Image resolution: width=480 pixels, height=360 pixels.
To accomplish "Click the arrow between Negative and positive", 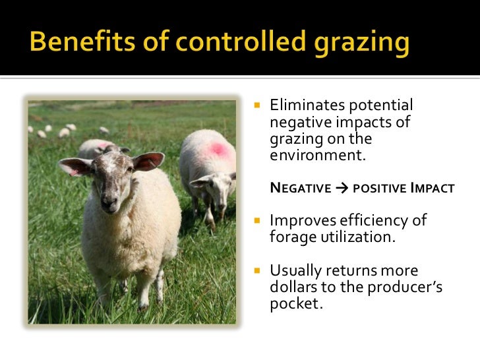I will pos(341,189).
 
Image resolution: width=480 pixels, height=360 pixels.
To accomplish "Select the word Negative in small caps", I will pos(301,189).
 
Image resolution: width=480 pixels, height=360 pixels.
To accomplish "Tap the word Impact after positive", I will pos(432,189).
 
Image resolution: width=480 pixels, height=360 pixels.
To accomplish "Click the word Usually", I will pos(296,271).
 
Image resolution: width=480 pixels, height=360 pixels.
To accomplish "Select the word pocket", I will pos(295,305).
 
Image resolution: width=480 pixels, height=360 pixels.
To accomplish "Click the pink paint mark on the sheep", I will pos(217,149).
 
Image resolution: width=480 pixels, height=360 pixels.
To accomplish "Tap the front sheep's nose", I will pos(109,201).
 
